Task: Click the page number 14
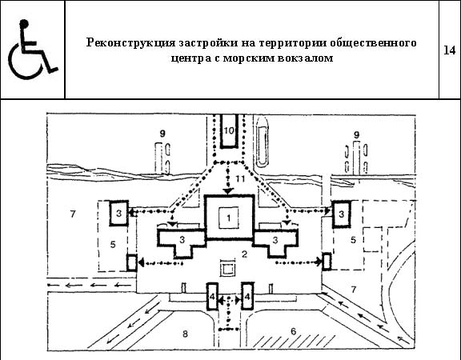(x=449, y=50)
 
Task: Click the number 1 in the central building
(x=229, y=218)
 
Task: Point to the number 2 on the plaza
(x=244, y=254)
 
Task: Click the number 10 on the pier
(x=229, y=130)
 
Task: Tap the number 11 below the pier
(x=240, y=178)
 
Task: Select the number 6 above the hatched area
(x=294, y=331)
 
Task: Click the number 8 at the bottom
(x=185, y=334)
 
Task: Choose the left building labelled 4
(x=212, y=296)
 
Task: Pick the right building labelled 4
(x=247, y=296)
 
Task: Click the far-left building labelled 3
(x=118, y=213)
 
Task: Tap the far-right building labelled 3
(x=341, y=214)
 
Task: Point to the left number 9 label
(x=162, y=134)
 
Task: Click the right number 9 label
(x=356, y=135)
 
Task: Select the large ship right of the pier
(x=262, y=142)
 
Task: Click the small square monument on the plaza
(x=228, y=268)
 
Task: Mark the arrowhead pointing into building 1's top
(x=228, y=191)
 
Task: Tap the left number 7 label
(x=73, y=214)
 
